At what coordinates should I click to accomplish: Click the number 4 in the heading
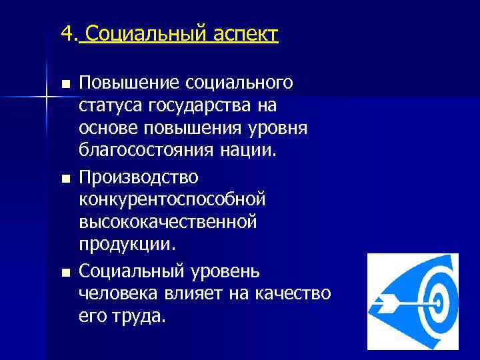tap(65, 33)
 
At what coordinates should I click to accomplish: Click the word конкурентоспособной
tap(172, 199)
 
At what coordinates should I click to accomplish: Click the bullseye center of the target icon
tap(440, 301)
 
